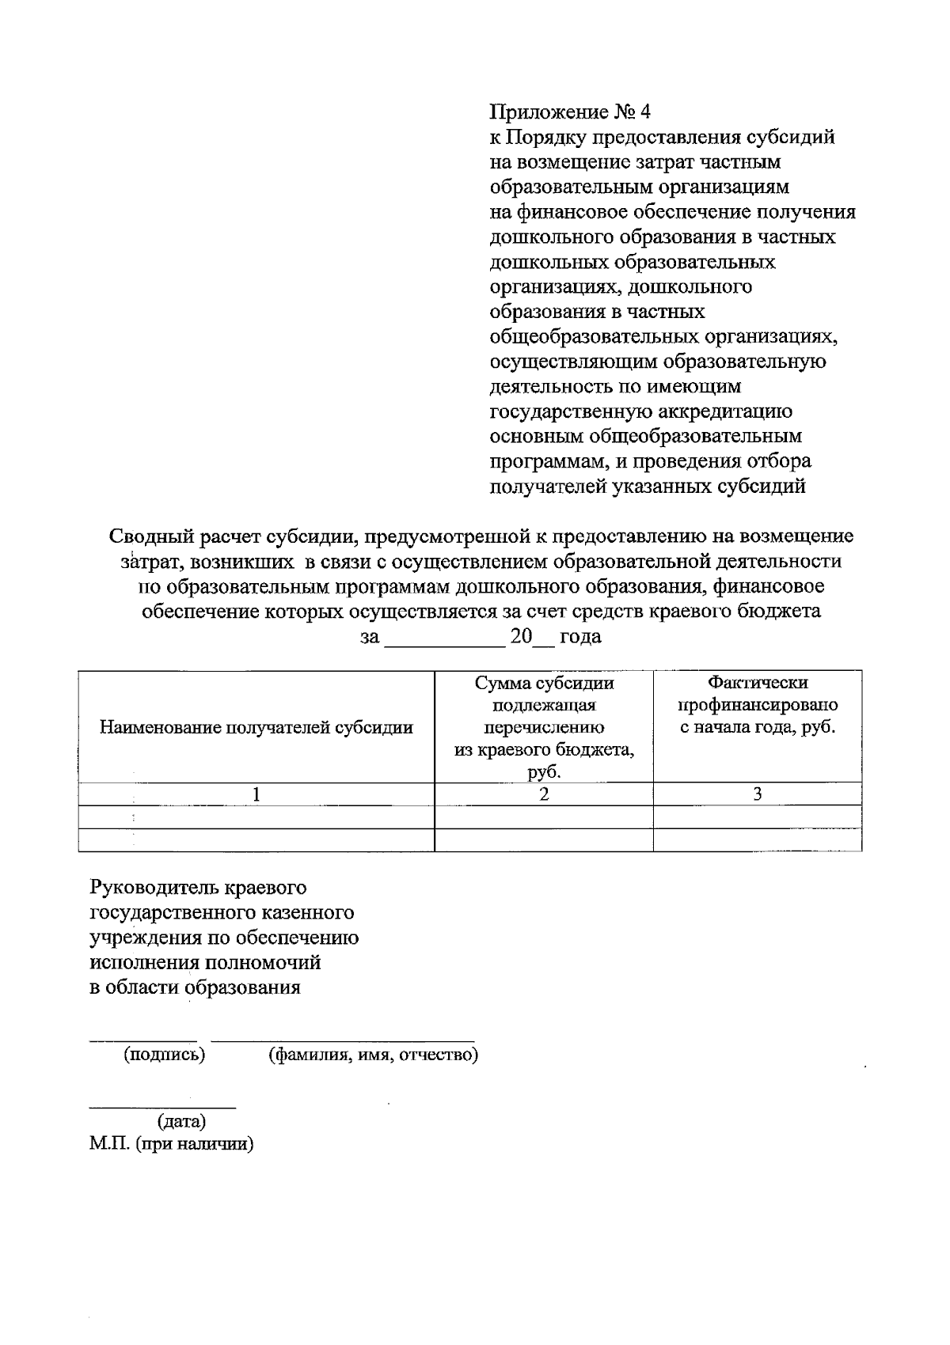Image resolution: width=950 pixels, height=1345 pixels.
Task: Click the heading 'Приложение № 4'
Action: click(569, 112)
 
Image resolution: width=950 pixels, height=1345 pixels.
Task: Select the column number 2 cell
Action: click(544, 794)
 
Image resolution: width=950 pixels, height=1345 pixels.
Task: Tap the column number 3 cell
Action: click(757, 794)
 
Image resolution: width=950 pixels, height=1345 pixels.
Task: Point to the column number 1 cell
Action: click(256, 794)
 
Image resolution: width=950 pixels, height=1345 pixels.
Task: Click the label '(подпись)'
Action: click(164, 1055)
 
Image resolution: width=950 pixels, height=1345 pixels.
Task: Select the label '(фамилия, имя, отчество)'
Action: click(373, 1055)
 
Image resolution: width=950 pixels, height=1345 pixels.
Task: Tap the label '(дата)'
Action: click(182, 1121)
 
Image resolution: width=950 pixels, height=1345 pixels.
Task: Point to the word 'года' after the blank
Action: click(580, 637)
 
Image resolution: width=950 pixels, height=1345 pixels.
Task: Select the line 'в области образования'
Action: click(195, 987)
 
